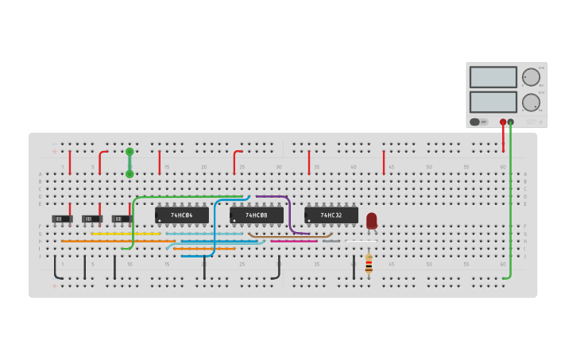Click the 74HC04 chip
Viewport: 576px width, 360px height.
coord(182,215)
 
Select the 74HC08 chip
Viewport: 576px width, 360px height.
coord(257,215)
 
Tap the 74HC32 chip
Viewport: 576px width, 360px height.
coord(331,215)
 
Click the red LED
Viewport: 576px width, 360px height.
coord(372,220)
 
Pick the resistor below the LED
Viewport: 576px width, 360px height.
coord(369,264)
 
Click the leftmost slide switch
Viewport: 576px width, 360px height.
coord(62,219)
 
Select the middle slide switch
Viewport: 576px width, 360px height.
coord(92,219)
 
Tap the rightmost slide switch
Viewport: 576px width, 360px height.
coord(122,219)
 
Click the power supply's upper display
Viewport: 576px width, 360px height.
coord(493,77)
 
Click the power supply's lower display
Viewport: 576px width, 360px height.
coord(493,102)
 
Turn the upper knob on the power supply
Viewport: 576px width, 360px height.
coord(530,77)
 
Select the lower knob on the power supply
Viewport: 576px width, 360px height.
coord(530,102)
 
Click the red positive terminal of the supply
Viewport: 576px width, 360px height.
coord(503,122)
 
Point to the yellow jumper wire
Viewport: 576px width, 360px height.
coord(126,234)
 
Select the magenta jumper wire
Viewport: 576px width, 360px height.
coord(294,241)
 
